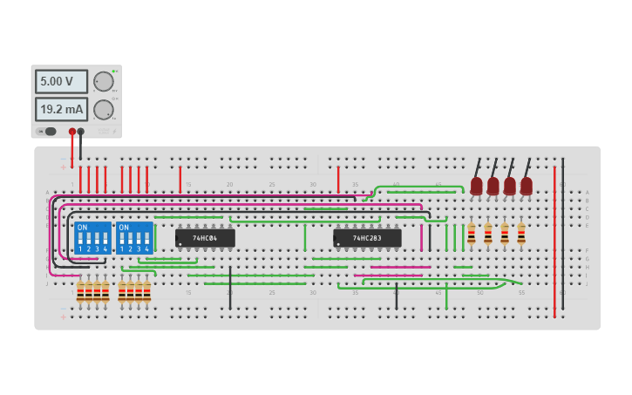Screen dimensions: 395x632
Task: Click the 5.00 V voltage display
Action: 61,81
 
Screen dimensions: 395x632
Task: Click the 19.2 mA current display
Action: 61,109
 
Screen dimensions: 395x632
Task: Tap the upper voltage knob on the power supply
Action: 104,81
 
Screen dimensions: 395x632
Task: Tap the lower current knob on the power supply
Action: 104,110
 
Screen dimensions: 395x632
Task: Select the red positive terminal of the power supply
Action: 72,132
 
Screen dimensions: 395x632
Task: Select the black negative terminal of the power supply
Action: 81,132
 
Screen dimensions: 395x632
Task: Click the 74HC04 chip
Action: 205,237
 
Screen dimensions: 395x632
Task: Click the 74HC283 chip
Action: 367,237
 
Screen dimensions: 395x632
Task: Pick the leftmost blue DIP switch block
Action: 92,237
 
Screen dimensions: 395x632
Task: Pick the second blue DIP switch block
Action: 134,237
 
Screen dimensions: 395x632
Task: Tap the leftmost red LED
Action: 476,185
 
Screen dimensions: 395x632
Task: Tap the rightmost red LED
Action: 526,185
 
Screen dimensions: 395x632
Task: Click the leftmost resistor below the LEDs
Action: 472,234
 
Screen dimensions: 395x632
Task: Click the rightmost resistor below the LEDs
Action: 521,234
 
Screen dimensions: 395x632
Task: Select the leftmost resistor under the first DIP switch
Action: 80,292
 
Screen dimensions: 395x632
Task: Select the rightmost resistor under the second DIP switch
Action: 146,292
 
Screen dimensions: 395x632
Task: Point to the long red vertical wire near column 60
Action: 554,235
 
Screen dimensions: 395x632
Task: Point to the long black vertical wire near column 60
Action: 563,235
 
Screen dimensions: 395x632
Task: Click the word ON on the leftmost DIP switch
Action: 82,227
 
